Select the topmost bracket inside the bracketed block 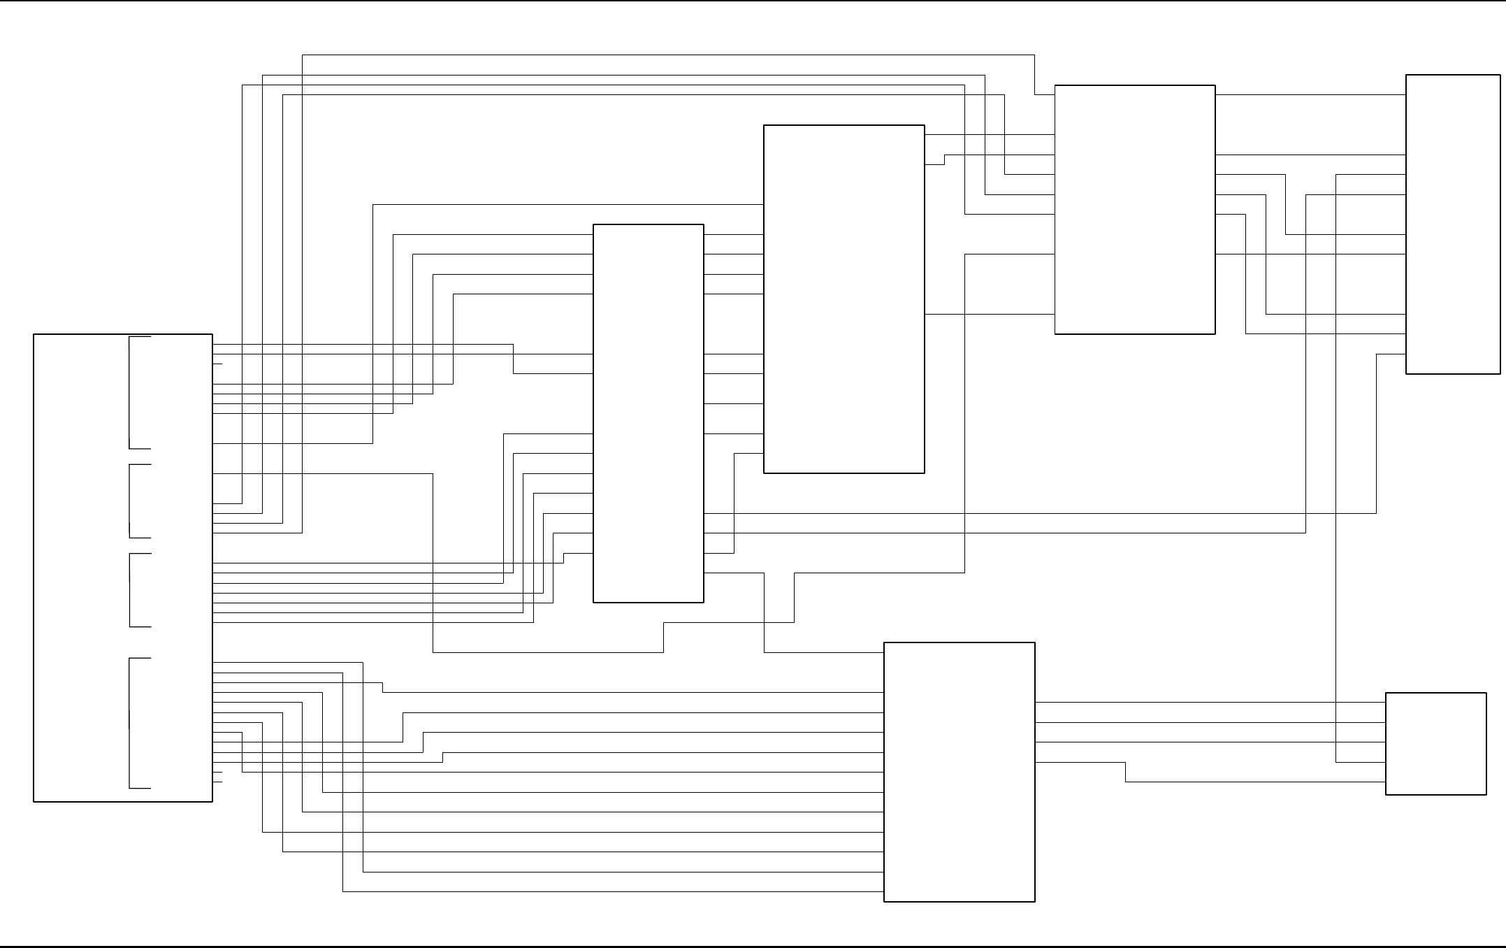coord(131,392)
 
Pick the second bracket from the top coord(131,501)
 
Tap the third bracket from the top coord(131,590)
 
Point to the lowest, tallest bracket coord(131,723)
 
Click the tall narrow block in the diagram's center coord(648,412)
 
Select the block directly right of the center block coord(843,299)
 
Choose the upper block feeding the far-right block coord(1134,210)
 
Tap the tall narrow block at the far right coord(1452,224)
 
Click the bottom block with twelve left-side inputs coord(959,772)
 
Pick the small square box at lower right coord(1435,743)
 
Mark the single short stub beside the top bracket coord(217,364)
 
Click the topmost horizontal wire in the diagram coord(664,55)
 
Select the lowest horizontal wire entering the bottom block coord(608,891)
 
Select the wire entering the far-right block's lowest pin coord(1376,433)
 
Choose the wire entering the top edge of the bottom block coord(765,615)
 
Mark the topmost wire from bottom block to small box coord(1209,703)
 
